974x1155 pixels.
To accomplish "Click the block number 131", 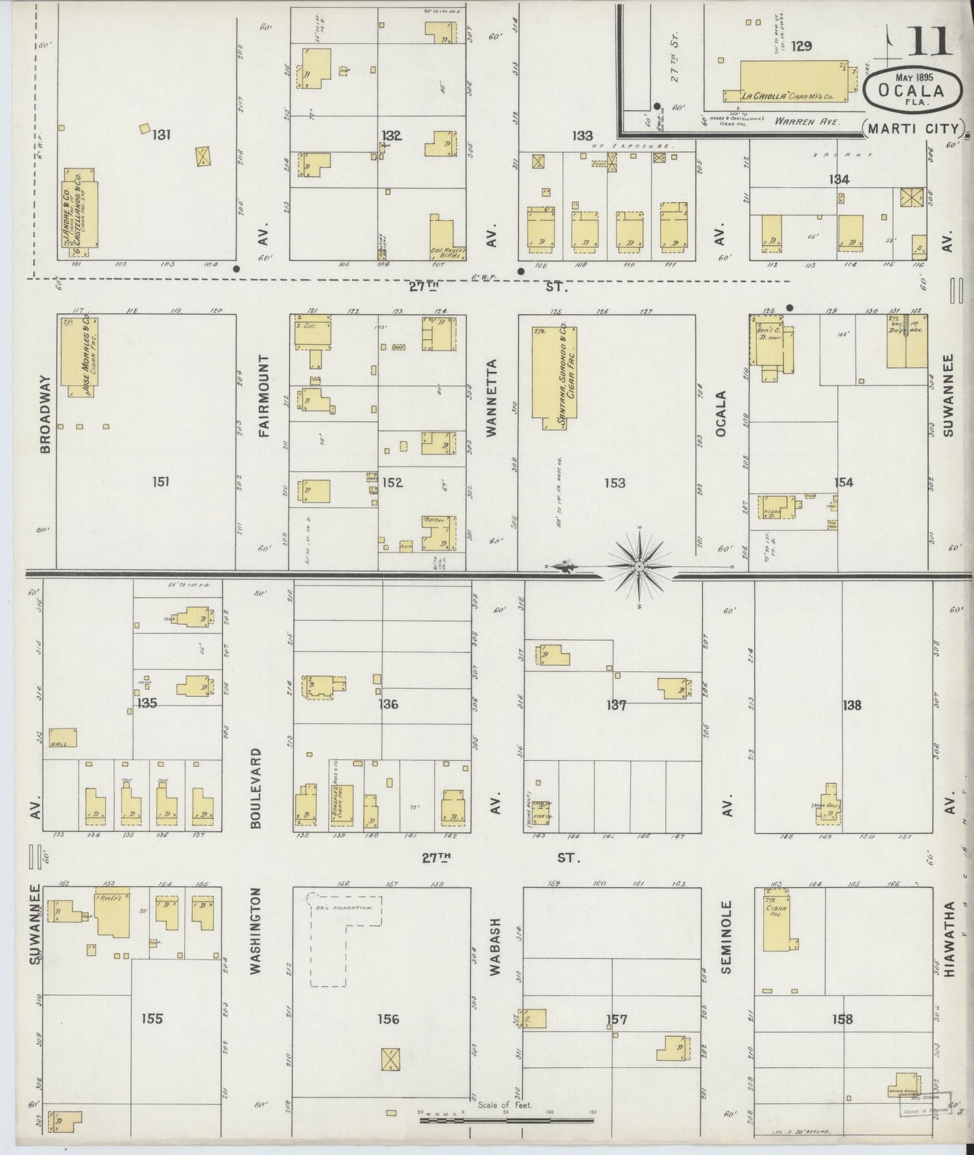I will (160, 135).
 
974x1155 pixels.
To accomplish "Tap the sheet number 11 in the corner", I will (929, 42).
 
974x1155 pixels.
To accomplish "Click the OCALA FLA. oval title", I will (911, 90).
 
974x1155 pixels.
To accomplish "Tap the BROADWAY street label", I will (46, 414).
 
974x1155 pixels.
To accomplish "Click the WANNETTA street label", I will (491, 398).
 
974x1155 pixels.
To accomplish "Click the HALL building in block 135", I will (63, 738).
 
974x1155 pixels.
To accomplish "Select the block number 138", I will (851, 706).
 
